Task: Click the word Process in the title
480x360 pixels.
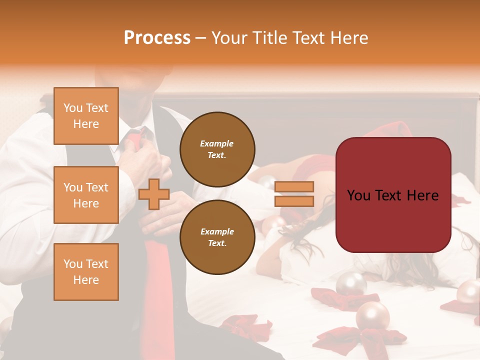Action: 157,38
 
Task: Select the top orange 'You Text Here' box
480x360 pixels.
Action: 86,116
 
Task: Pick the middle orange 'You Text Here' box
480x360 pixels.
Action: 86,195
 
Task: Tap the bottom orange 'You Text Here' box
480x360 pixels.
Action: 86,271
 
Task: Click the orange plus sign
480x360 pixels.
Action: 154,194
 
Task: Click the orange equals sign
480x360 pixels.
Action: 294,194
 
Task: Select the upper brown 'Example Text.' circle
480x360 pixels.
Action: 217,149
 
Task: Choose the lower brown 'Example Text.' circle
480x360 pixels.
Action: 217,237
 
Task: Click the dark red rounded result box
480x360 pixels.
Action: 393,195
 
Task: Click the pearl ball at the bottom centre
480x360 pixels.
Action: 372,316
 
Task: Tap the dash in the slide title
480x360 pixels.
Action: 200,38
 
